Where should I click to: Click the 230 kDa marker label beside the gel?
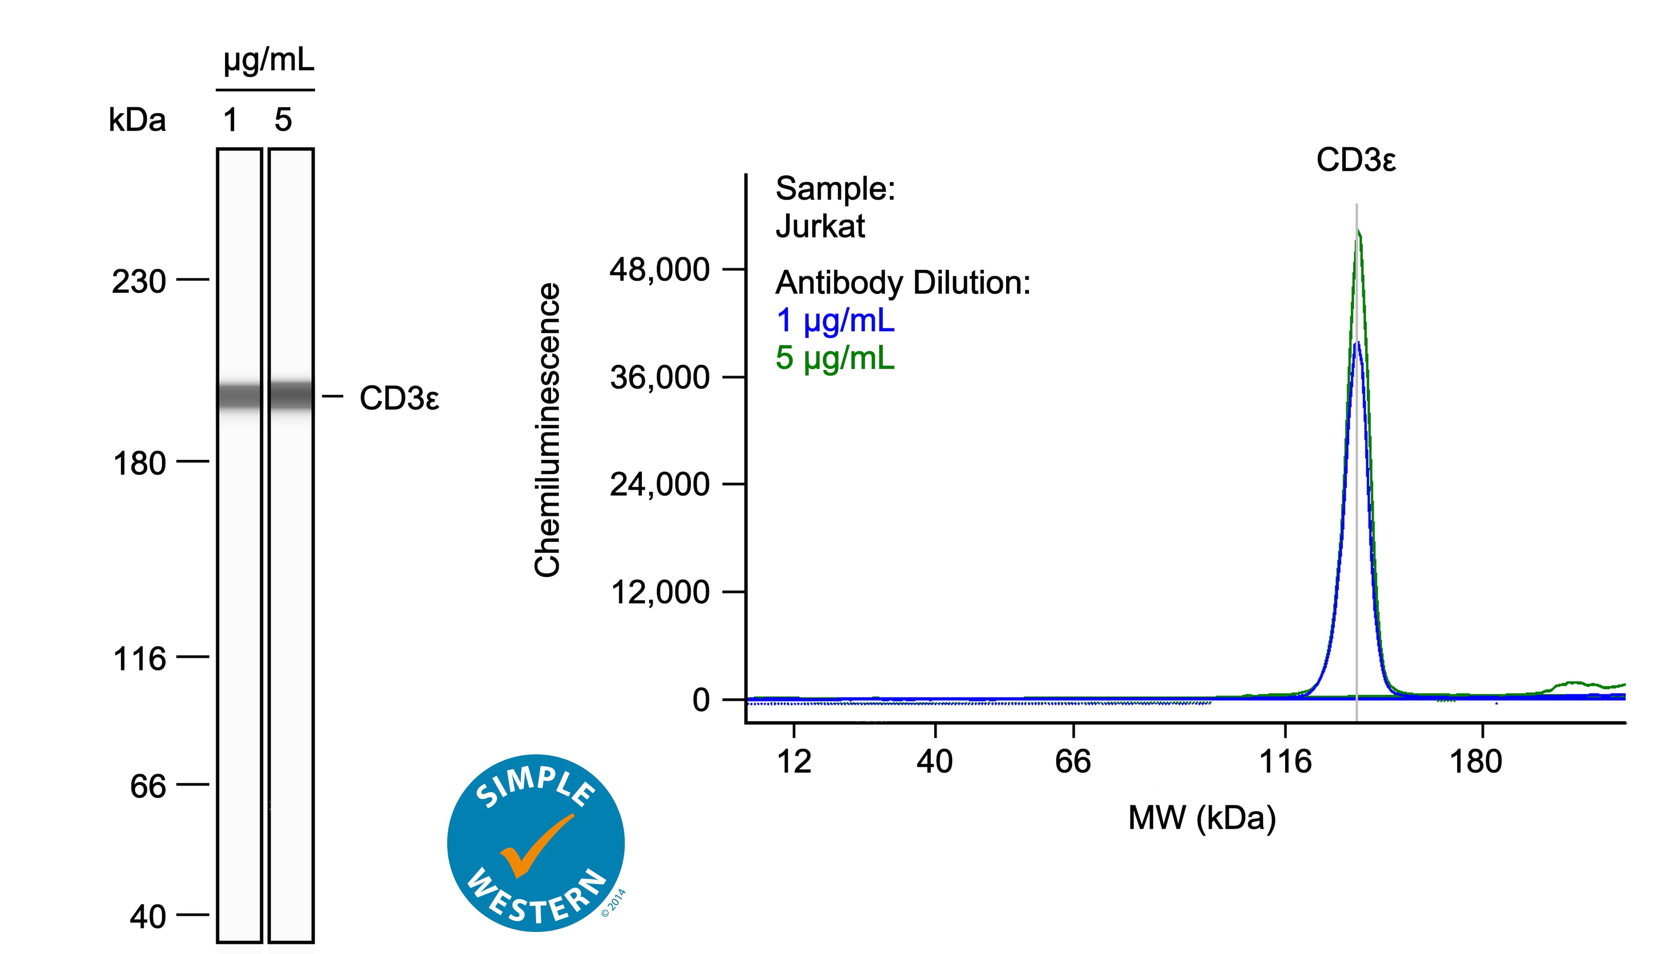[x=139, y=283]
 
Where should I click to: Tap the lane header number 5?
[x=283, y=120]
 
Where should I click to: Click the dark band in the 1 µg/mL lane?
[x=240, y=396]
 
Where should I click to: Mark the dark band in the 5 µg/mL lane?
[x=291, y=395]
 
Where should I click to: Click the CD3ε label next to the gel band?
[x=399, y=398]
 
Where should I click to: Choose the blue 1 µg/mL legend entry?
[x=835, y=320]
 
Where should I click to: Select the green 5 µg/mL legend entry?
[x=835, y=358]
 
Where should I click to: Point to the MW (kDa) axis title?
[x=1202, y=818]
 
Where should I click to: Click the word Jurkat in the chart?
[x=820, y=226]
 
